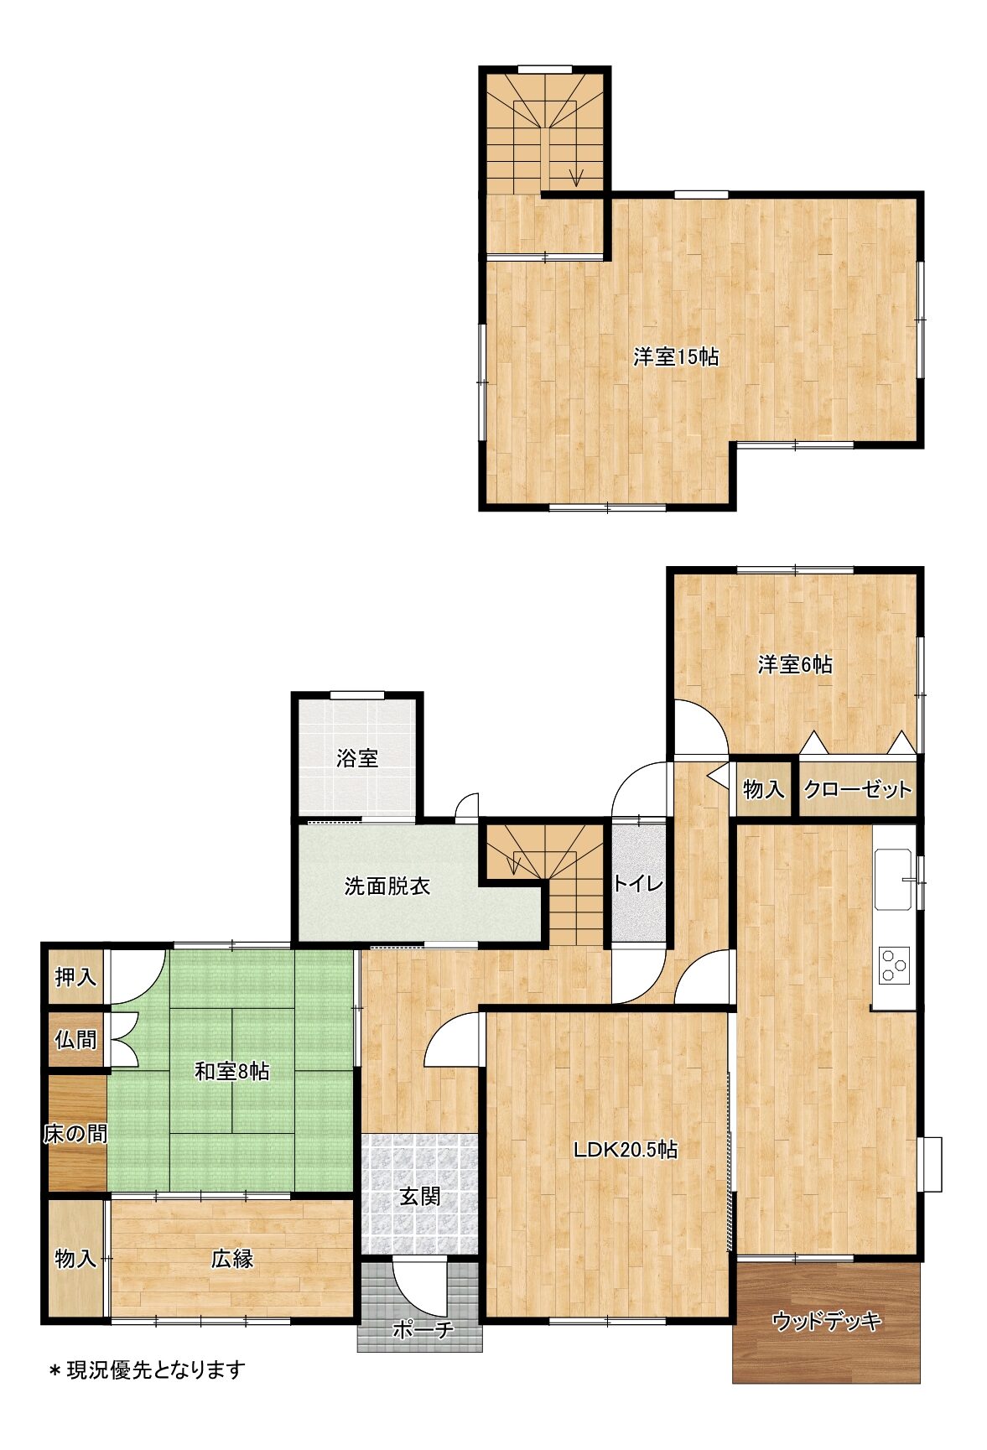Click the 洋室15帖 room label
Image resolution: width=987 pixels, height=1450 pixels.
[x=675, y=356]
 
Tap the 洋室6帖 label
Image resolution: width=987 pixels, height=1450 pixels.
[x=794, y=665]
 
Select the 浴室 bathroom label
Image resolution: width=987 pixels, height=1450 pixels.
[x=357, y=759]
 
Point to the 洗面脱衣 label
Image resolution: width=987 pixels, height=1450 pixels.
[x=387, y=886]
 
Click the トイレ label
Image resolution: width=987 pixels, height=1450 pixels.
[x=638, y=883]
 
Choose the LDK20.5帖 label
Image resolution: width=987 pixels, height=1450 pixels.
[x=626, y=1149]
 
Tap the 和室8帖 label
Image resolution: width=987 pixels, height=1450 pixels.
[x=231, y=1071]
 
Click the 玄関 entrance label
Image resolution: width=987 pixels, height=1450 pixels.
[x=419, y=1197]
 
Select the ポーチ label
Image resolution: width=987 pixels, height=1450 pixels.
[x=423, y=1329]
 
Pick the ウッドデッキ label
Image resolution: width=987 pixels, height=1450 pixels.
[x=826, y=1322]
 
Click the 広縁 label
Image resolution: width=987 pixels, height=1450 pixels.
[x=231, y=1258]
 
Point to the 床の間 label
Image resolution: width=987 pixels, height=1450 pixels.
[x=75, y=1135]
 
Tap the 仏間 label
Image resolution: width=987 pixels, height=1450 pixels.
[x=75, y=1040]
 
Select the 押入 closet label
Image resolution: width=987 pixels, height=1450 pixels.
[x=75, y=977]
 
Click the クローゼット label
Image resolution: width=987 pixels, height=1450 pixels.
[x=857, y=789]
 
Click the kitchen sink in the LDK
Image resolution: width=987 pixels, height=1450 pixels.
[x=893, y=880]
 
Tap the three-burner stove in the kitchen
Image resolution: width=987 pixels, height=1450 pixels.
[x=894, y=965]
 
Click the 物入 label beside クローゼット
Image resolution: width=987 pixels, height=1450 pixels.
[x=763, y=789]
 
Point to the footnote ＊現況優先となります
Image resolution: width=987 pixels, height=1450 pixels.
[x=147, y=1370]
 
